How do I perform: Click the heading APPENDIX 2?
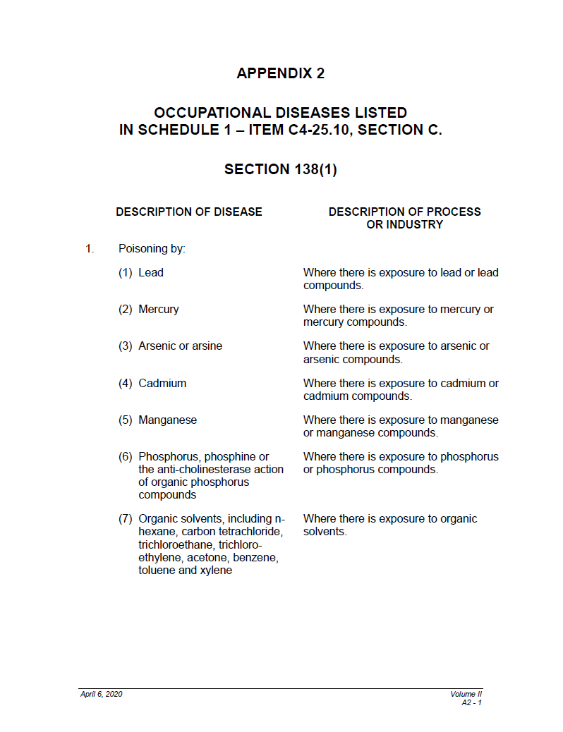[x=281, y=73]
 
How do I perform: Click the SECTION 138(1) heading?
[x=281, y=170]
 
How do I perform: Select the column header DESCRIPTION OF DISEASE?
[x=189, y=212]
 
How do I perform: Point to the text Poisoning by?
[x=152, y=249]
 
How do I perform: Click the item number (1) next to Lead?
[x=126, y=273]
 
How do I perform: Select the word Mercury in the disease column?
[x=159, y=310]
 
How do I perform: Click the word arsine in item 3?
[x=206, y=346]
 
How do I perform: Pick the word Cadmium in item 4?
[x=162, y=384]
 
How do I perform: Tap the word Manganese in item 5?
[x=168, y=420]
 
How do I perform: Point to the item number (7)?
[x=126, y=519]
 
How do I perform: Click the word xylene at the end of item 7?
[x=214, y=570]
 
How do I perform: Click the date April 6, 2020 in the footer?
[x=102, y=695]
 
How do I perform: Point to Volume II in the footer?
[x=466, y=695]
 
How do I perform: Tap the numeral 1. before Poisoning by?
[x=90, y=249]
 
